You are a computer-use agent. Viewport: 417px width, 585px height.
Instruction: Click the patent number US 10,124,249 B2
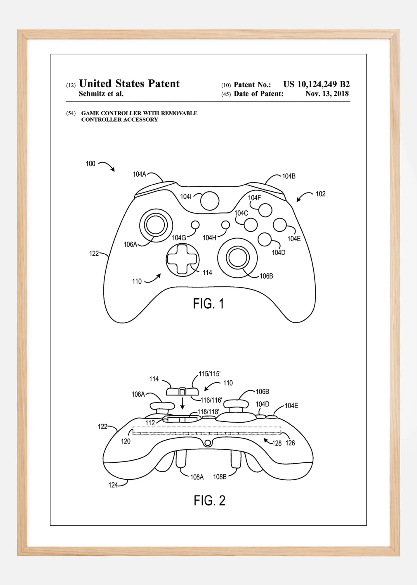click(316, 84)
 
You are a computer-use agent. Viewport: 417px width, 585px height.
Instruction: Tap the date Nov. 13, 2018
click(327, 94)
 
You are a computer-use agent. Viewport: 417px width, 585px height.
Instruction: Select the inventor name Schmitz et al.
click(101, 94)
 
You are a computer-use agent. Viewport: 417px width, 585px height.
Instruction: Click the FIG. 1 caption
click(208, 304)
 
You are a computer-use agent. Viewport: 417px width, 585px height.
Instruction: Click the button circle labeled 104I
click(210, 201)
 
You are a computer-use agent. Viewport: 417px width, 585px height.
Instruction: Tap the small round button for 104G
click(195, 225)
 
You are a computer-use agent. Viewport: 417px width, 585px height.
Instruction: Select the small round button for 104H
click(225, 225)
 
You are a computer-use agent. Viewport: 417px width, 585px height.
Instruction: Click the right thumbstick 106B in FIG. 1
click(237, 258)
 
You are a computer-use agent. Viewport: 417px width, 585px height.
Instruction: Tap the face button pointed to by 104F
click(265, 210)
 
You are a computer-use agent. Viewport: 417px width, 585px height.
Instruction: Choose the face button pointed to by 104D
click(265, 239)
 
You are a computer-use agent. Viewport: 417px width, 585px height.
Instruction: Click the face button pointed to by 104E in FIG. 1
click(280, 225)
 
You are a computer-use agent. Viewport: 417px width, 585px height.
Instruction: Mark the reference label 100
click(91, 164)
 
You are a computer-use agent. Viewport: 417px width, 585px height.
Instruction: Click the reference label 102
click(320, 194)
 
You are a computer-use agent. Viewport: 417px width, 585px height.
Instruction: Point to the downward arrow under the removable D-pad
click(183, 403)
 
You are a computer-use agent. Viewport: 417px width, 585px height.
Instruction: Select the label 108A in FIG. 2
click(197, 477)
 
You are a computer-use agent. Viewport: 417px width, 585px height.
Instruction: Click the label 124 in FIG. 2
click(113, 485)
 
